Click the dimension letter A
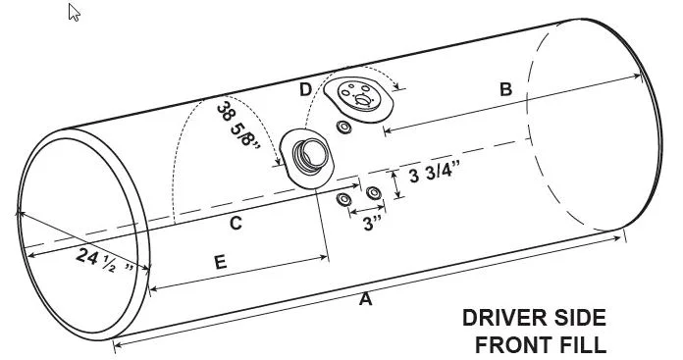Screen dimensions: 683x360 coord(365,299)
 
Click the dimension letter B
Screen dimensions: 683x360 coord(505,89)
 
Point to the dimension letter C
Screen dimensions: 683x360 coord(236,223)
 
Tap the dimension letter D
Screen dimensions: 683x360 coord(306,89)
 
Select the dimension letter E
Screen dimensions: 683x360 coord(221,263)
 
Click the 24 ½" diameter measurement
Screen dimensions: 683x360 coord(105,261)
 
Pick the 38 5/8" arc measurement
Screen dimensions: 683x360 coord(237,125)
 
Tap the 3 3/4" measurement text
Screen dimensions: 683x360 coord(435,175)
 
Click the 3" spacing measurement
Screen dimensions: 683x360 coord(373,224)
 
